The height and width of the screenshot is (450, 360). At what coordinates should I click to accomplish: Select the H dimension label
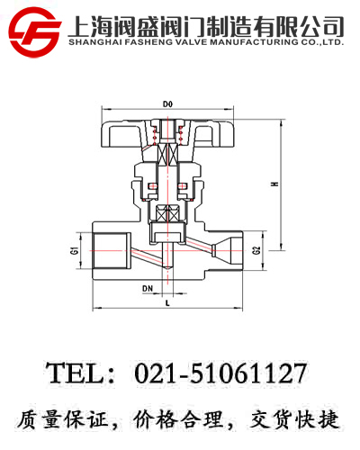[274, 184]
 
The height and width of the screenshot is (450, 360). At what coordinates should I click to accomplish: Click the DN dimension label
[148, 289]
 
